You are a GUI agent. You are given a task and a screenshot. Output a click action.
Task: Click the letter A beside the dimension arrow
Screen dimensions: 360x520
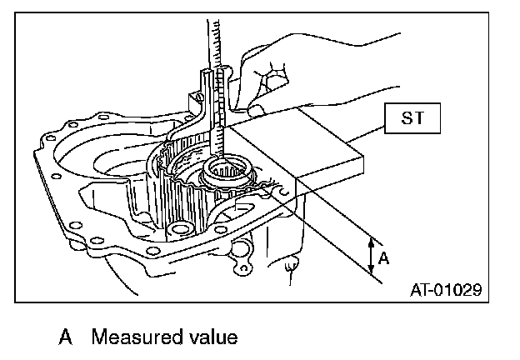coord(383,258)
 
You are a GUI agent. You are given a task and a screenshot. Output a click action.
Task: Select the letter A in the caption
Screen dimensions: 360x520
coord(64,337)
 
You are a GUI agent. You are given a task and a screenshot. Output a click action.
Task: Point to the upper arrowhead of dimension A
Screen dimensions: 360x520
coord(370,237)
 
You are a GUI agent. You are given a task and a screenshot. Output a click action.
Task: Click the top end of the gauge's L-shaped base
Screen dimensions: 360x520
coord(207,80)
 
